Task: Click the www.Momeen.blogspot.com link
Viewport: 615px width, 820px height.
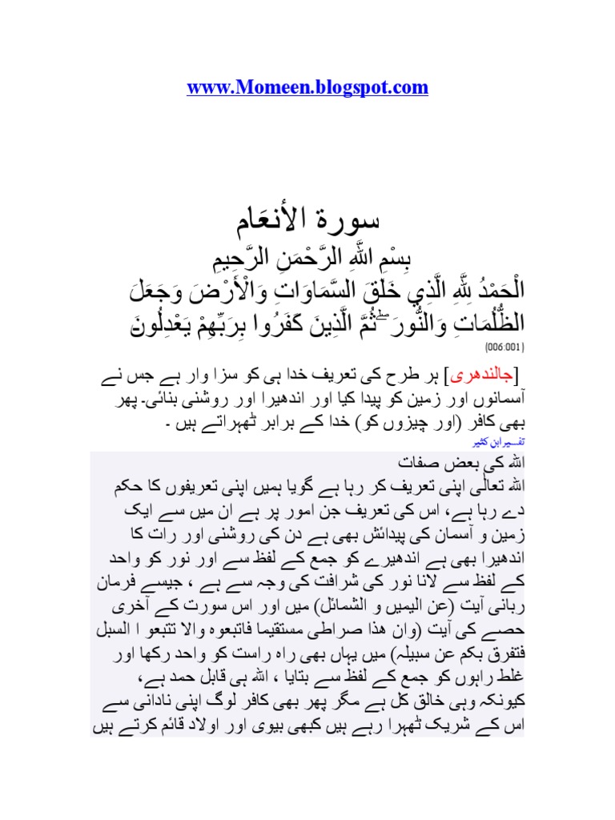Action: coord(307,88)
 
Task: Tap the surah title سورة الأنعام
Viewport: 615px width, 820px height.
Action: coord(307,219)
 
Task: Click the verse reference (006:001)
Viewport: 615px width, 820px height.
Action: coord(504,348)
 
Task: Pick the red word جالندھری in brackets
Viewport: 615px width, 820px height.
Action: coord(486,376)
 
